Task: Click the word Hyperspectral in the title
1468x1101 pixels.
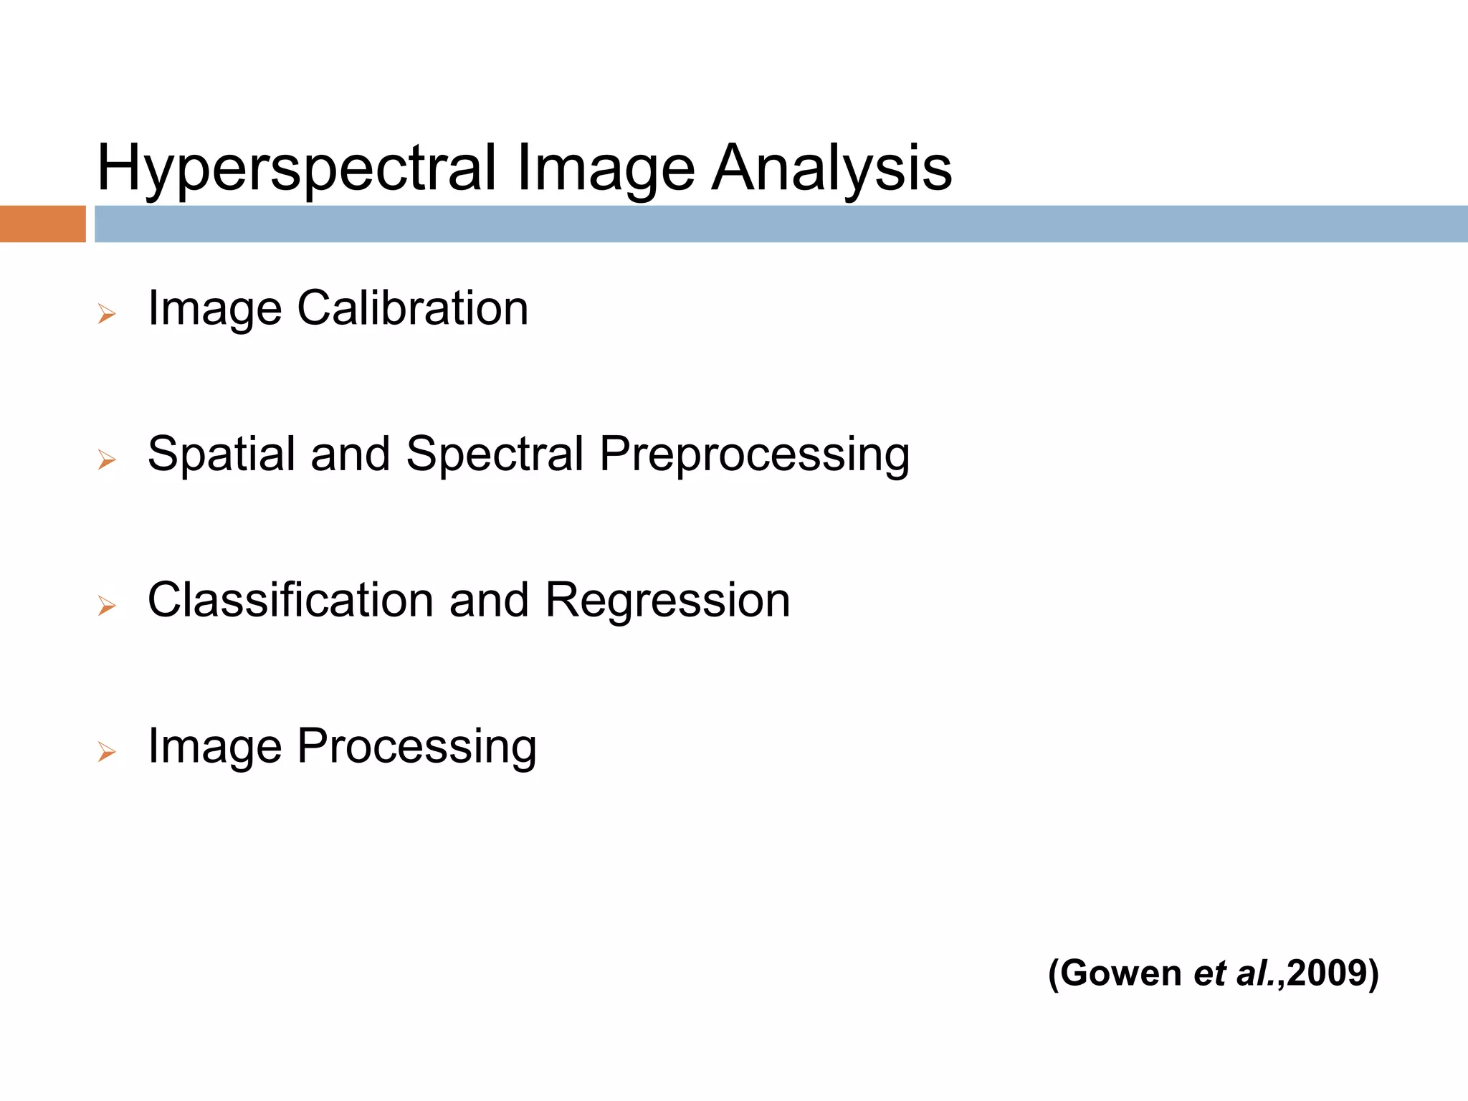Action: [x=296, y=168]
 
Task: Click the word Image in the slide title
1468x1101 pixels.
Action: [x=604, y=168]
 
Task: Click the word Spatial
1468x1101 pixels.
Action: [x=221, y=454]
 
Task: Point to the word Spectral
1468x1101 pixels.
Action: [x=495, y=454]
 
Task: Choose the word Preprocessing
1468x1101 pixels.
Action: [x=754, y=454]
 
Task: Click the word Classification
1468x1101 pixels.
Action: [x=290, y=600]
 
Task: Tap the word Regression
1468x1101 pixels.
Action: [x=667, y=600]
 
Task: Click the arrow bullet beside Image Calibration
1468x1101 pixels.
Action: [x=107, y=313]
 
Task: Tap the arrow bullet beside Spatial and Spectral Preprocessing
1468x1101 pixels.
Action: [x=107, y=459]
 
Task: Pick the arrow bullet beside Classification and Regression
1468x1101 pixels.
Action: [x=107, y=606]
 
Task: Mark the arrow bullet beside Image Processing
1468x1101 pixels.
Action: [x=107, y=752]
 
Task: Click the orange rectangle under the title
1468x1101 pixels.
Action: [x=42, y=224]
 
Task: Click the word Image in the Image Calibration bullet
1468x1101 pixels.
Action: [x=214, y=308]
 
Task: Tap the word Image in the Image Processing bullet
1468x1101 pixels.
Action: [x=214, y=747]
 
